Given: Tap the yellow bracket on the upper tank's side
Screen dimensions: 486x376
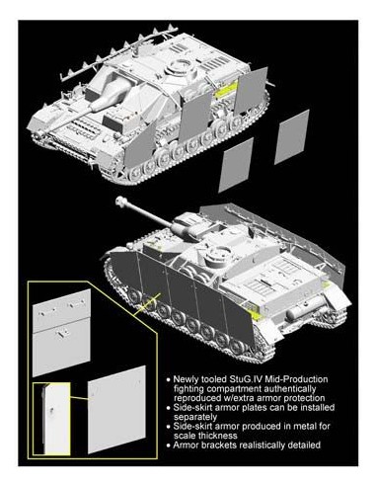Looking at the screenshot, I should point(230,89).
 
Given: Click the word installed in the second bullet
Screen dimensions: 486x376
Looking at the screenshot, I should point(313,406).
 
